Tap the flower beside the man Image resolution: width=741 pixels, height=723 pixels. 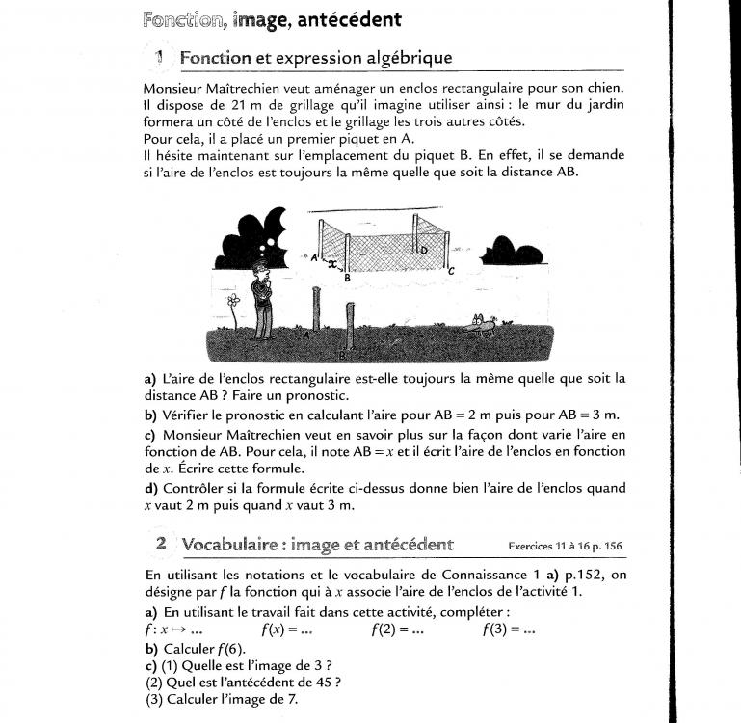(233, 307)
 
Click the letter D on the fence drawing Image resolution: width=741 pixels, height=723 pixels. (425, 251)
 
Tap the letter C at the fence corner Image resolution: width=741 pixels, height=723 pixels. (451, 272)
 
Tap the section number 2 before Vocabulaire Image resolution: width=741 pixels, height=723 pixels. (161, 545)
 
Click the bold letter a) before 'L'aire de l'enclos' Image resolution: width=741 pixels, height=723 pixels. (150, 379)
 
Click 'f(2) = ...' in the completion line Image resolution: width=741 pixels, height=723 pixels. (397, 630)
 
